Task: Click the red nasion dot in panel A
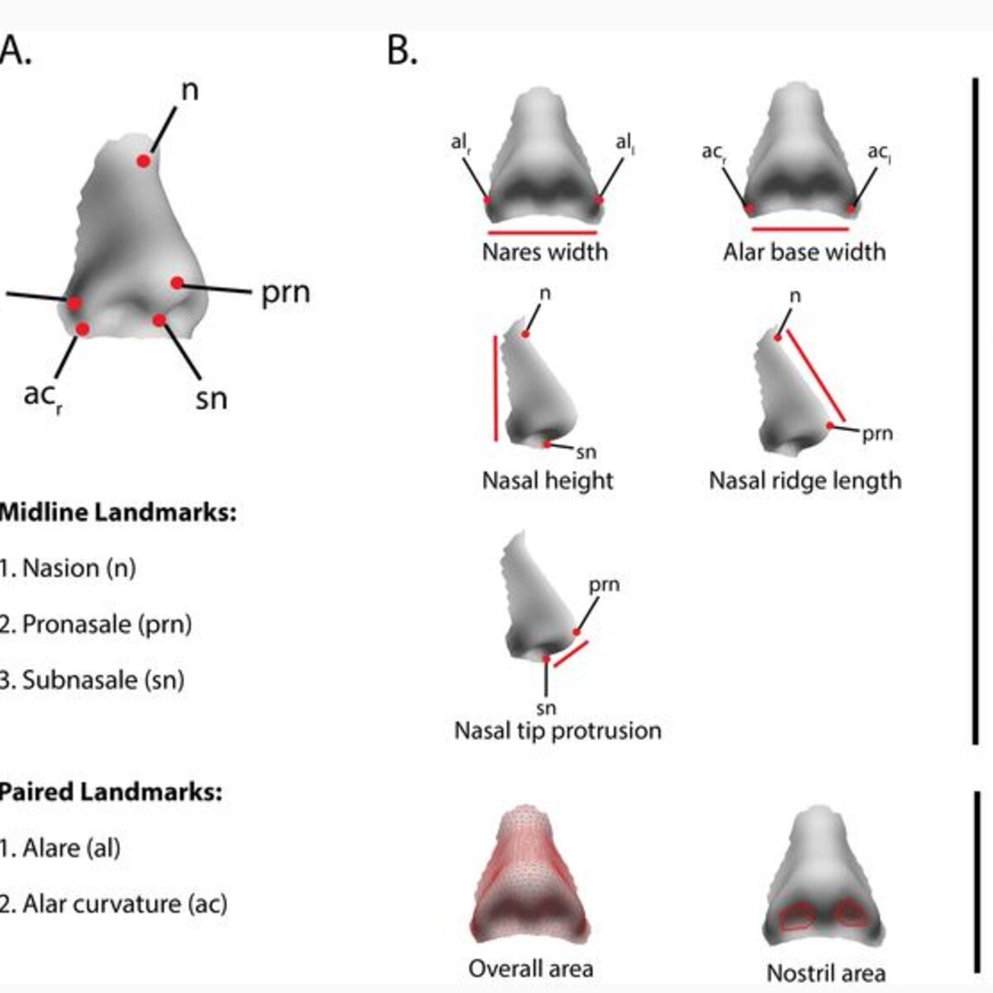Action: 144,161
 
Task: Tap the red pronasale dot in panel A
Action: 177,282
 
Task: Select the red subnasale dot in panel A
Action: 160,320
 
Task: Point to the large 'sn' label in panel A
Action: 211,398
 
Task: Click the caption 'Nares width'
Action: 544,252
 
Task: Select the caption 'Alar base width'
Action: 804,252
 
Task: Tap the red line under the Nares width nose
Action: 543,233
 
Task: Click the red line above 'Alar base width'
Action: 800,228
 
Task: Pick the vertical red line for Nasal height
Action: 496,389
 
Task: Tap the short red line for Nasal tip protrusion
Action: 570,655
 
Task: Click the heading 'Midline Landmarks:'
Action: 118,513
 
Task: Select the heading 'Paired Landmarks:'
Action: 111,792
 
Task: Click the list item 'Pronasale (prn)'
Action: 96,625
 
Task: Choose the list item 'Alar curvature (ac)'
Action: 113,904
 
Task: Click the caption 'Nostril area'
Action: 826,973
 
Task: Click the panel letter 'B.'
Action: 402,51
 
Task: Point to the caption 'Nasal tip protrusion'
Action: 558,730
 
